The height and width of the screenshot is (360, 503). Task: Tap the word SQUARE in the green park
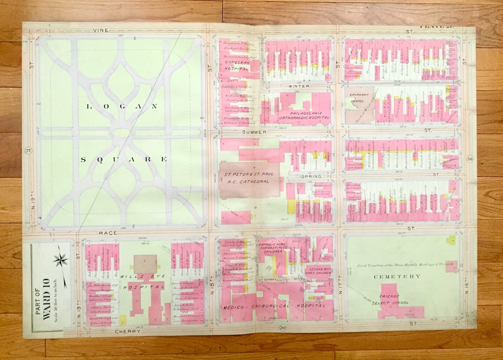tap(124, 159)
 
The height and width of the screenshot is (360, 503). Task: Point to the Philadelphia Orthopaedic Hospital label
tap(303, 115)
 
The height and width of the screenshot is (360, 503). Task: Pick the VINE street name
tap(101, 30)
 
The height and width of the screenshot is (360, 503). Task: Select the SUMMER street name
tap(254, 132)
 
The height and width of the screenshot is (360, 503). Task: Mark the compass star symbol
tap(61, 260)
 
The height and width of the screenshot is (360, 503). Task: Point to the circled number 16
tap(469, 159)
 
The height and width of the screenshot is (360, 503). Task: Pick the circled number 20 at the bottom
tap(282, 328)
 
